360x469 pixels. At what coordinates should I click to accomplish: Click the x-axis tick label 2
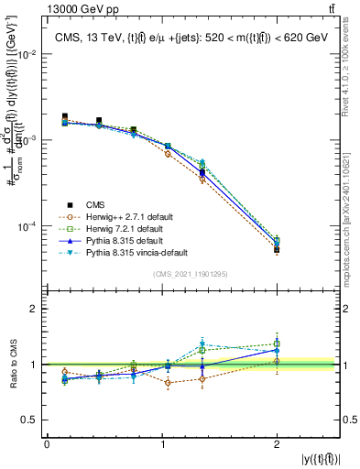pos(277,443)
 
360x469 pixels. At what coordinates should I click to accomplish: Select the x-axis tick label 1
pos(162,443)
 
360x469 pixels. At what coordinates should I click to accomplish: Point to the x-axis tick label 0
pos(47,443)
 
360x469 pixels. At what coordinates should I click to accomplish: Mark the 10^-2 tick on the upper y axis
pos(28,54)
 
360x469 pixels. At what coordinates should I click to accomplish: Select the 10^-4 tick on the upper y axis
pos(28,226)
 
